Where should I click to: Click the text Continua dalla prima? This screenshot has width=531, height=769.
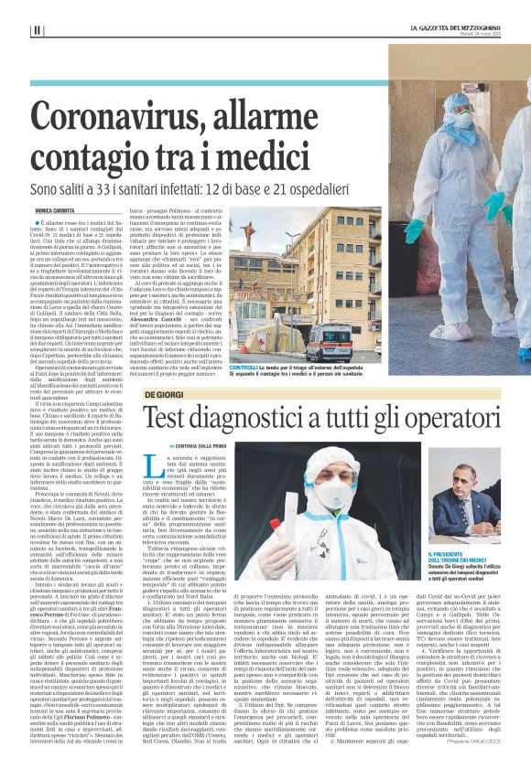[x=195, y=445]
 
